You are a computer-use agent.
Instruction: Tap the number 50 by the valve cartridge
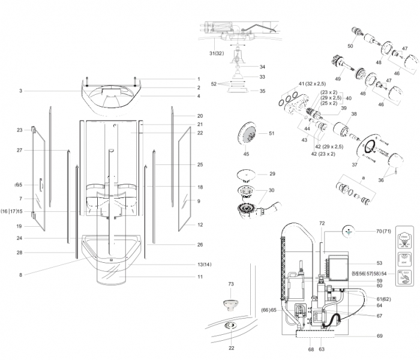click(350, 46)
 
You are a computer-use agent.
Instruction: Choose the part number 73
click(230, 283)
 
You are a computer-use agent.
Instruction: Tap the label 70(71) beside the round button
click(383, 230)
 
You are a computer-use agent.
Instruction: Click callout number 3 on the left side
click(20, 91)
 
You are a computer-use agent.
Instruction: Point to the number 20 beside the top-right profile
click(200, 116)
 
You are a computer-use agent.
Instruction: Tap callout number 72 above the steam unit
click(322, 223)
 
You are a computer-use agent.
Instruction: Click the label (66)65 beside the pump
click(269, 310)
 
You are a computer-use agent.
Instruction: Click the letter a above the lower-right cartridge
click(362, 178)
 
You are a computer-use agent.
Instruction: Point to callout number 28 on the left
click(20, 253)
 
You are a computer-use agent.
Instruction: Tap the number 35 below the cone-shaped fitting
click(262, 91)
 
